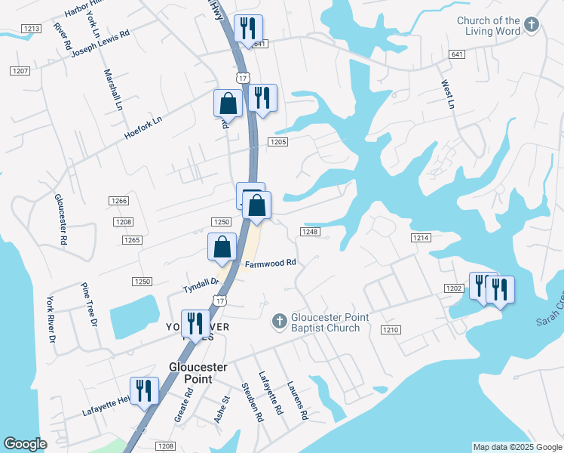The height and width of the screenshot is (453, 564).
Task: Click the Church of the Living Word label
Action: coord(488,26)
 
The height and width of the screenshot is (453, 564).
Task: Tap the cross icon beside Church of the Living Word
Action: coord(532,26)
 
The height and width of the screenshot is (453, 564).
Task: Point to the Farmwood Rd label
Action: coord(270,264)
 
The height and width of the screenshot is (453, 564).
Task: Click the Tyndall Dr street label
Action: coord(201,285)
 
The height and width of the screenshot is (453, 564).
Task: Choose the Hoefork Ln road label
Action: coord(143,129)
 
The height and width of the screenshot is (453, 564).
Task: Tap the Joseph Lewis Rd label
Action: coord(100,44)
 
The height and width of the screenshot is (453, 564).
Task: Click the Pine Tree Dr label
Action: coord(90,305)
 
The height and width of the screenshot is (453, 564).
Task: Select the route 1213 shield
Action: coord(31,29)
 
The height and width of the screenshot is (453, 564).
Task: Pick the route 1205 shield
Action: coord(278,142)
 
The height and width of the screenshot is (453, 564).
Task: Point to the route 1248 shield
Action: coord(311,231)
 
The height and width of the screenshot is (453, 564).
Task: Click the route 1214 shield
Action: coord(421,238)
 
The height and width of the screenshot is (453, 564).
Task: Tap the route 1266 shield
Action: coord(119,201)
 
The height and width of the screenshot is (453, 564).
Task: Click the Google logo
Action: coord(25,444)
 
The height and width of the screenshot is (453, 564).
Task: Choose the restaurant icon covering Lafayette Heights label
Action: coord(144,390)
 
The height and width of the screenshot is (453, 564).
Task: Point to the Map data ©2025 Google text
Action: coord(516,447)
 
